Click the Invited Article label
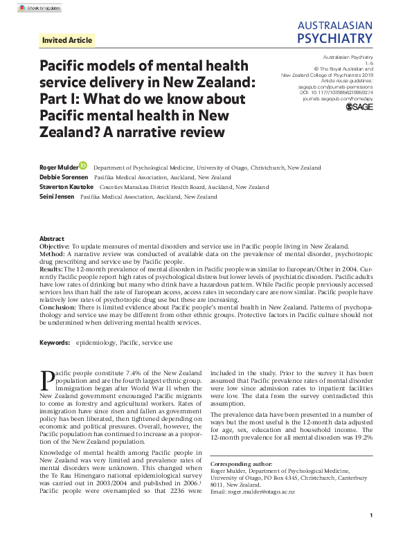(x=66, y=40)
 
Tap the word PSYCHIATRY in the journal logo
(x=334, y=37)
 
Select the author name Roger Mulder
(x=59, y=167)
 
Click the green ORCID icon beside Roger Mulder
(x=83, y=166)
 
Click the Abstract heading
(x=52, y=237)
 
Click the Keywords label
(x=54, y=343)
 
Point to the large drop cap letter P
(x=46, y=380)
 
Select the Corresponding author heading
(x=239, y=464)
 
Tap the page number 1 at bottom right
(x=372, y=515)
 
